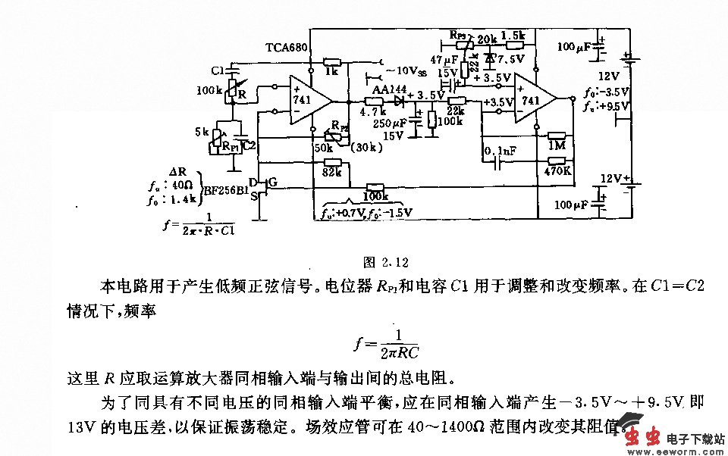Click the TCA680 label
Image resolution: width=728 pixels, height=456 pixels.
(287, 47)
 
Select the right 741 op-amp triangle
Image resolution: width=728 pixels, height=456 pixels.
(533, 99)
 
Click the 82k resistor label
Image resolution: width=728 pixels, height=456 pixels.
(331, 173)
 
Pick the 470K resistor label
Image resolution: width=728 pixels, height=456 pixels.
(557, 172)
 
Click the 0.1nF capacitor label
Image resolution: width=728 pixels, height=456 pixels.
(499, 151)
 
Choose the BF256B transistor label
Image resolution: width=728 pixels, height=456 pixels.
(225, 189)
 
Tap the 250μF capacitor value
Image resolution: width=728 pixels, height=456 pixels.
(389, 123)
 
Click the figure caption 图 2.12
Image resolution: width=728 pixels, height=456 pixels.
(386, 263)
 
